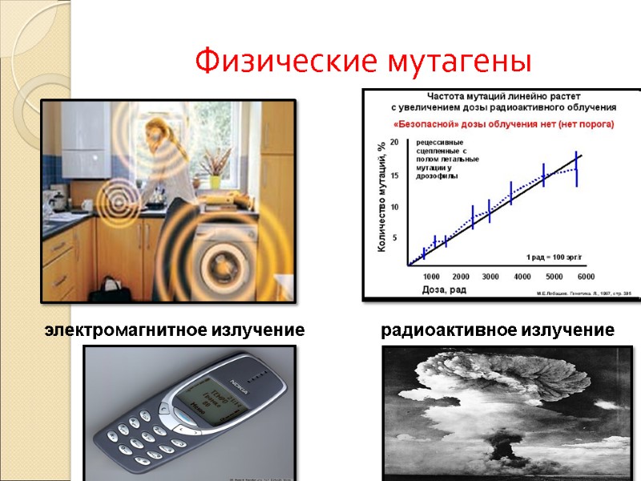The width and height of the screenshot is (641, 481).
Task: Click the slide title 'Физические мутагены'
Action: [364, 59]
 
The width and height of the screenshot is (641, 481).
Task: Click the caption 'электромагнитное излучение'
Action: [175, 329]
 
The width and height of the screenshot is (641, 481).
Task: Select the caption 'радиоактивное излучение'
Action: [498, 329]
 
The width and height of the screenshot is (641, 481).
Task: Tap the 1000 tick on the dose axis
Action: [431, 276]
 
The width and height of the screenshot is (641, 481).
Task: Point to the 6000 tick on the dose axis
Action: [585, 276]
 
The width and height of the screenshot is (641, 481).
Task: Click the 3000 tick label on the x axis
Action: [490, 276]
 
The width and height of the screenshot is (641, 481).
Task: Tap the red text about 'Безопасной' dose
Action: [503, 124]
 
